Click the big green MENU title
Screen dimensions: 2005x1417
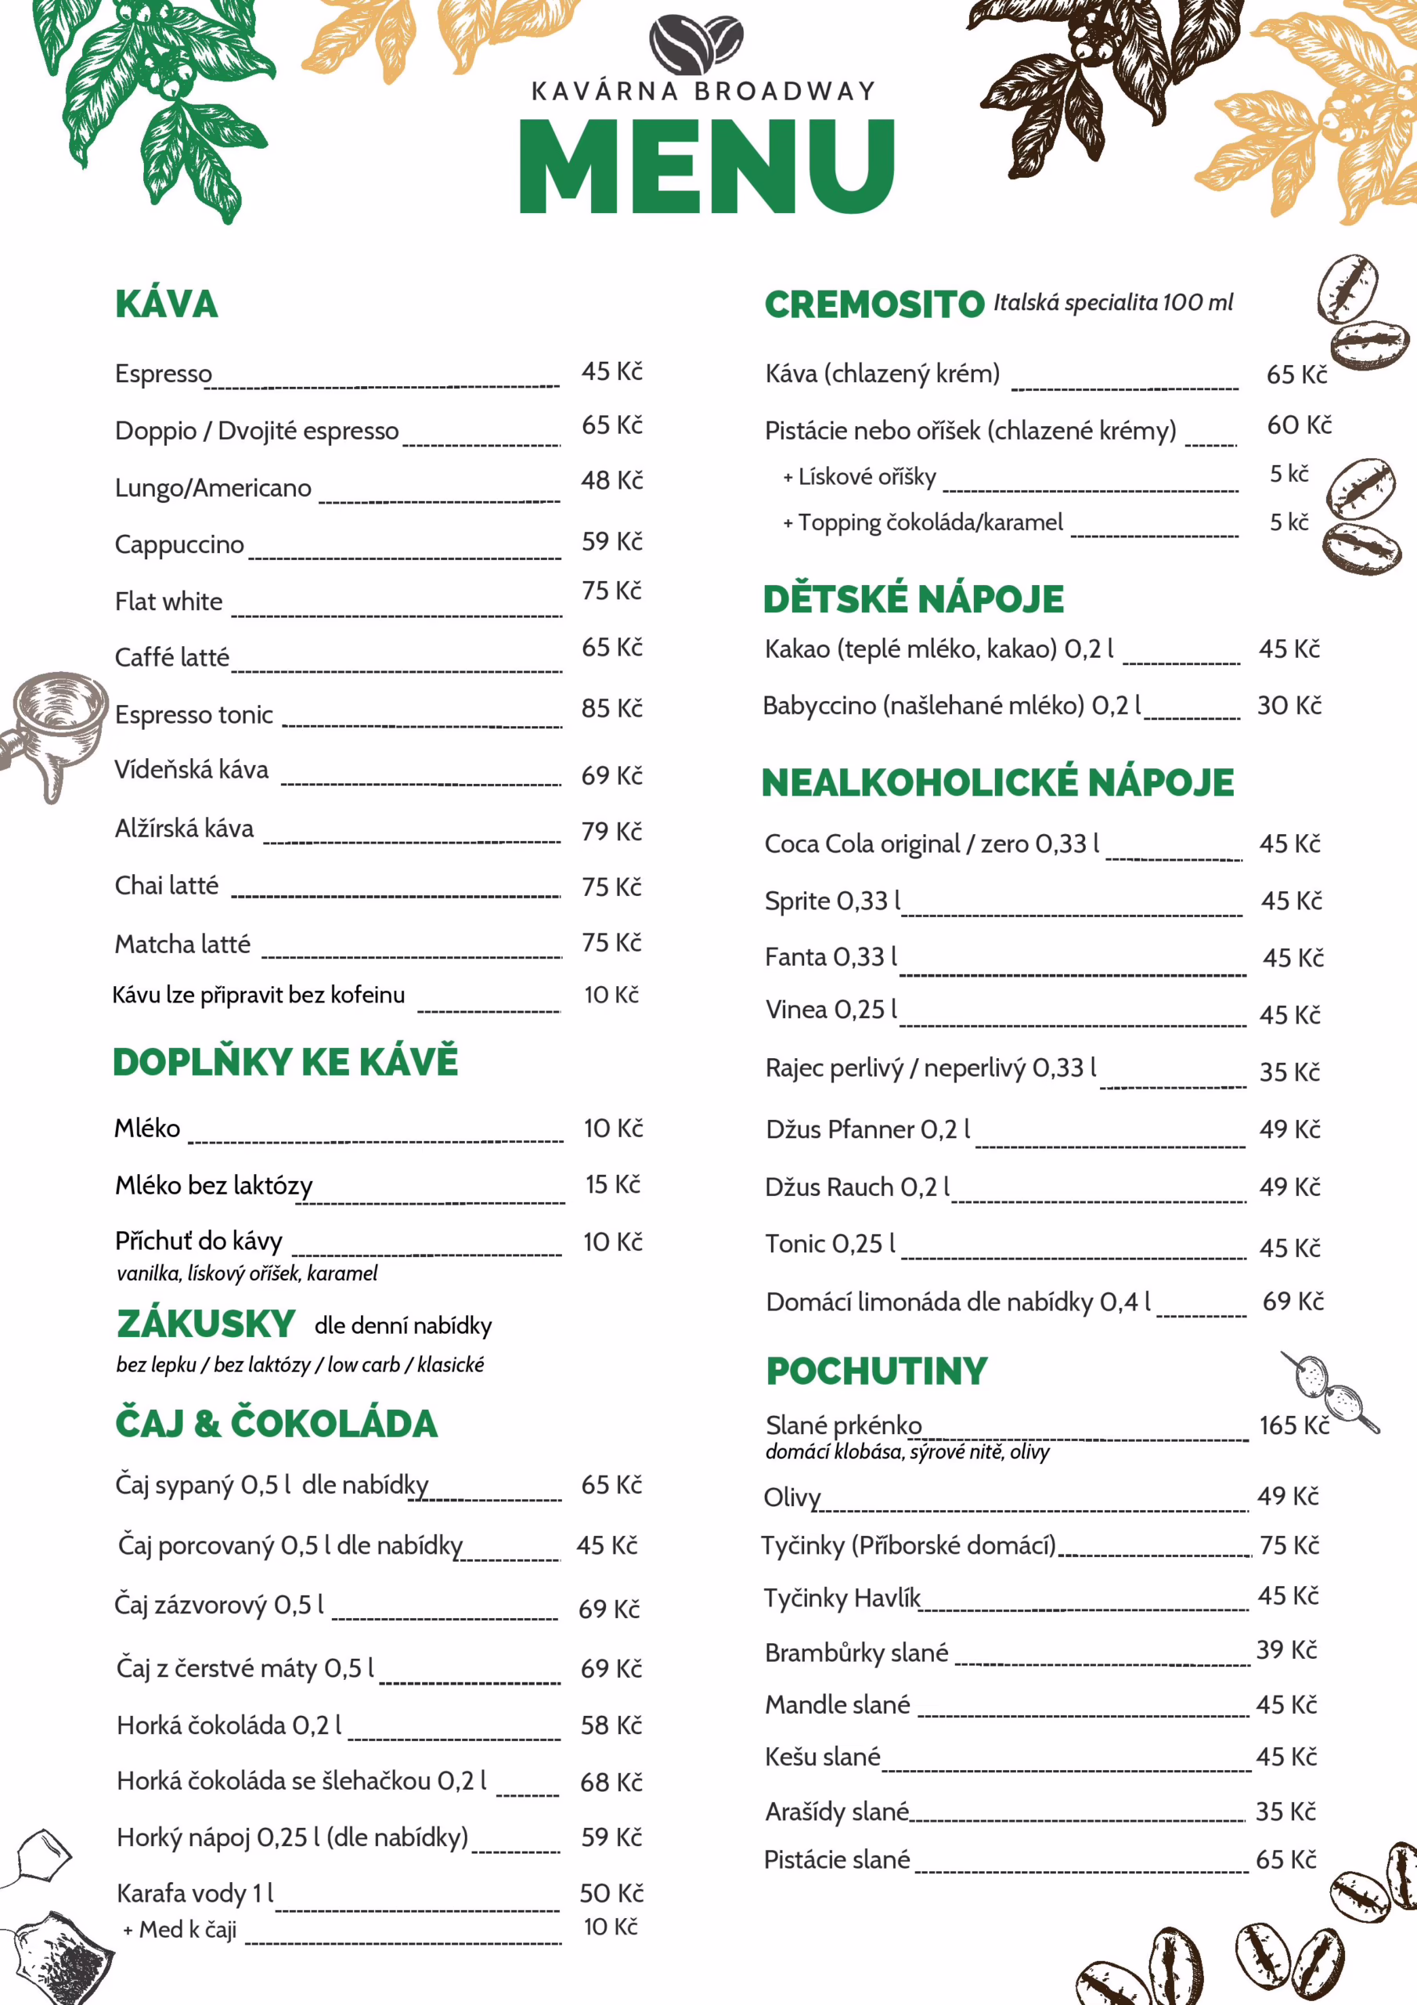pos(707,166)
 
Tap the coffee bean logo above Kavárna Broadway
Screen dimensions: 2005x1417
pos(696,44)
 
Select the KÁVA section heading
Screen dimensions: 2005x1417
pos(167,304)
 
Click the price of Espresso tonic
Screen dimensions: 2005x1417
pos(611,708)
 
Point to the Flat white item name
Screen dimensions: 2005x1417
pos(168,601)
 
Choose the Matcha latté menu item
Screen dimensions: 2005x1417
pos(182,944)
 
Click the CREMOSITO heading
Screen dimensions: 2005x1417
pos(874,305)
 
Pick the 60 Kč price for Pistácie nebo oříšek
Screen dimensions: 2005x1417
pos(1298,425)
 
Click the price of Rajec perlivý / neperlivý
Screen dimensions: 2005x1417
pos(1289,1071)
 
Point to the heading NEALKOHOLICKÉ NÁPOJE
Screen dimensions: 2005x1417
pos(997,782)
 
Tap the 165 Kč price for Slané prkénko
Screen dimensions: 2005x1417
pos(1293,1425)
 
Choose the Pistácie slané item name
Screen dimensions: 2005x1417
pos(836,1860)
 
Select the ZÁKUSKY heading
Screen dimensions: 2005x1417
pos(206,1324)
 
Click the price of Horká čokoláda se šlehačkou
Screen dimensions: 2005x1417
pos(611,1783)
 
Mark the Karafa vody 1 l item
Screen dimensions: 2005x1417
pos(195,1893)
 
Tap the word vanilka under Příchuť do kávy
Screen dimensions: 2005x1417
pos(147,1273)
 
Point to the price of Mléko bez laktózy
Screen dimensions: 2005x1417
pos(612,1185)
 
